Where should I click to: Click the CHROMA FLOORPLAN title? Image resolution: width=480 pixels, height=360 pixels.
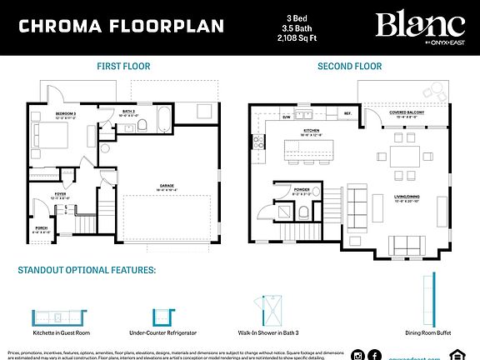(121, 25)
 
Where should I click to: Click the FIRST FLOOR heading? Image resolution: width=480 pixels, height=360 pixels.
(123, 67)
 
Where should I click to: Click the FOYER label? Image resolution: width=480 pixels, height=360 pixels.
(60, 195)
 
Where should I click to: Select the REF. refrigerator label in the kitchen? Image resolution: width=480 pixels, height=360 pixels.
(348, 112)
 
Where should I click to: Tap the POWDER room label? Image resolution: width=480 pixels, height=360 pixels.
(302, 190)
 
